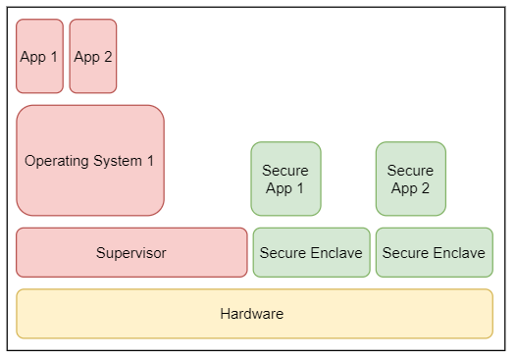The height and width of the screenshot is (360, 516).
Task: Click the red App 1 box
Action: pos(39,56)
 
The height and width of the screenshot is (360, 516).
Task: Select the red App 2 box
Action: pos(93,56)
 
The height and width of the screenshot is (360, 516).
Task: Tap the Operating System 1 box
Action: pos(90,160)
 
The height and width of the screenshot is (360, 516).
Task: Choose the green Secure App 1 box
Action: pos(285,179)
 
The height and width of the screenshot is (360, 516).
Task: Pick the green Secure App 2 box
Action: pos(410,179)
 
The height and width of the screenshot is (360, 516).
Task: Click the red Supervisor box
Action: pos(131,253)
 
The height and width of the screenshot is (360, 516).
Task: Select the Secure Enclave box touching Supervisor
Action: pos(311,253)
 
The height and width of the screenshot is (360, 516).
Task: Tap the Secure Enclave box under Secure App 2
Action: pos(434,253)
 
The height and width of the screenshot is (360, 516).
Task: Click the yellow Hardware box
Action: pos(254,314)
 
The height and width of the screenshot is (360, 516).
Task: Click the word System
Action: pos(117,161)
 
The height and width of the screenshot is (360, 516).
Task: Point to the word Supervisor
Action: pos(131,253)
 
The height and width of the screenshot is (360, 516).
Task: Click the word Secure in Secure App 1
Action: pos(285,171)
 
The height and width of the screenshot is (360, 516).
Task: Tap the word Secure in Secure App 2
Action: pos(410,171)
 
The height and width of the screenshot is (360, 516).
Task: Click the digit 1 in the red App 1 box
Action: pos(54,57)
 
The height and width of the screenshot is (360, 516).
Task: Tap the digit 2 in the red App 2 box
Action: pos(108,57)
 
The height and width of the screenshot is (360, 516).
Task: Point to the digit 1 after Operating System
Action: pos(149,161)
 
